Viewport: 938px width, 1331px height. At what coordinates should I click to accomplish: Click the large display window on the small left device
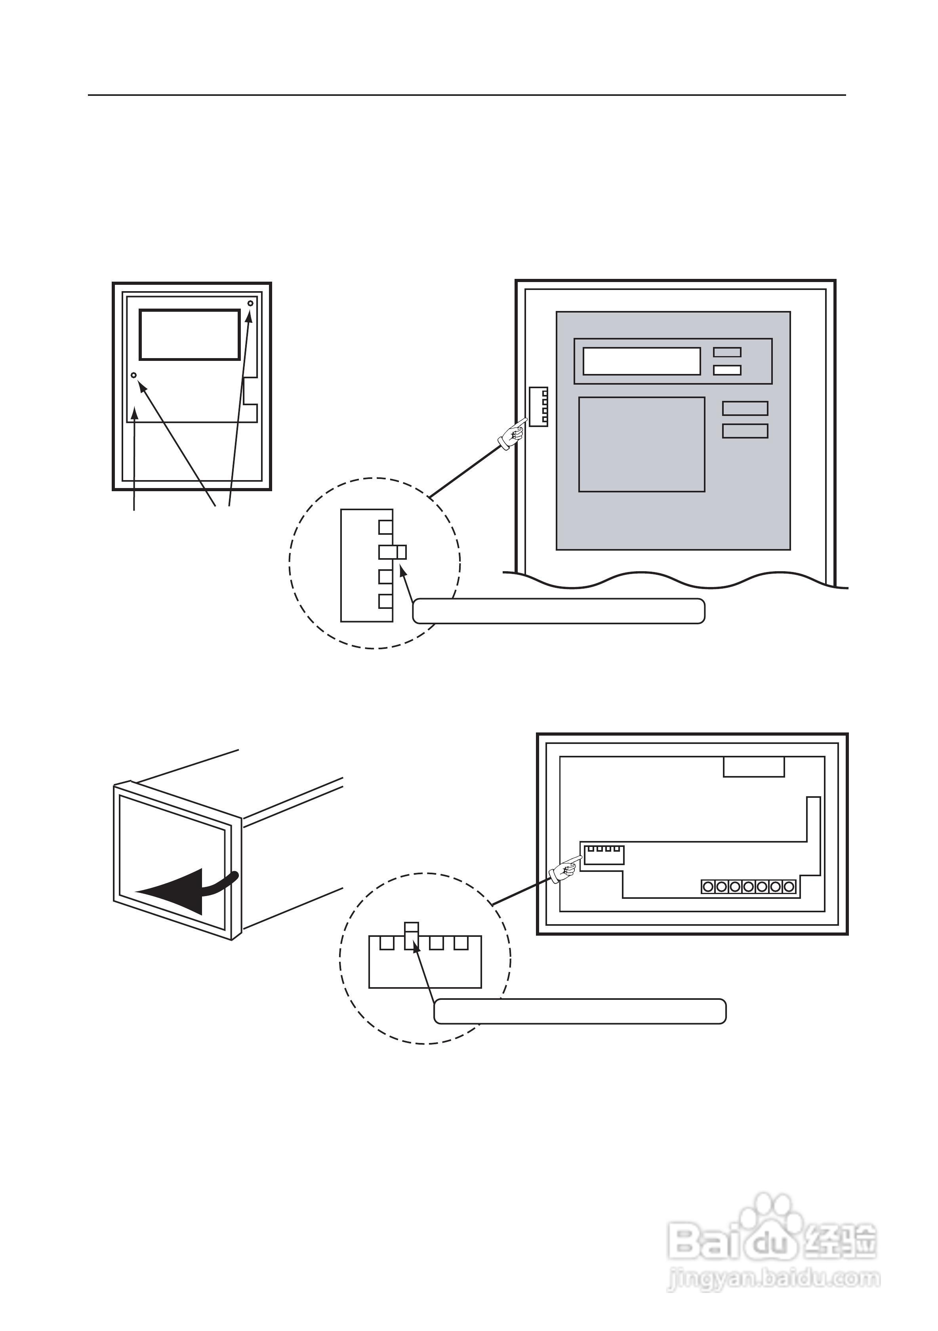[x=190, y=334]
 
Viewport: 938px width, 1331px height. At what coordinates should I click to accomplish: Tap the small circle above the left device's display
[x=250, y=303]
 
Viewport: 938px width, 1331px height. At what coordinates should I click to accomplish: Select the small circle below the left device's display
[x=134, y=376]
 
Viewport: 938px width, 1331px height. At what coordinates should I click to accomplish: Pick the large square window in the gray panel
[x=642, y=444]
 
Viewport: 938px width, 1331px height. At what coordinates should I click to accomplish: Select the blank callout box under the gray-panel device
[x=559, y=611]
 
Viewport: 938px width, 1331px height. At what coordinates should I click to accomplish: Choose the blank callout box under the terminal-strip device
[x=580, y=1012]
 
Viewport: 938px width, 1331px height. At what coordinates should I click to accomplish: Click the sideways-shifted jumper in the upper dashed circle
[x=393, y=552]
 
